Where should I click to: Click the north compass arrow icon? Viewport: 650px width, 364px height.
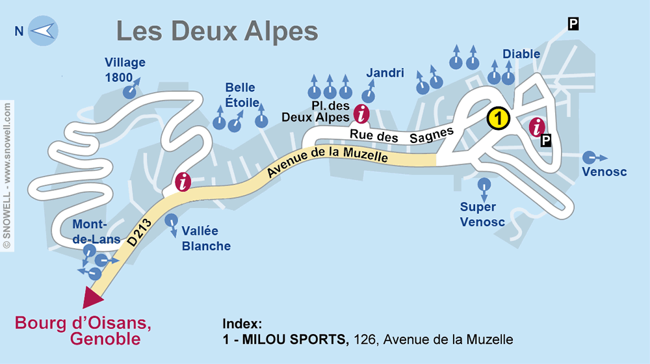(x=43, y=31)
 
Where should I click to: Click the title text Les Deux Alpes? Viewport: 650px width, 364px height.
(x=216, y=31)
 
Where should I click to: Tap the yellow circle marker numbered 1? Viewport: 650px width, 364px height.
(x=497, y=118)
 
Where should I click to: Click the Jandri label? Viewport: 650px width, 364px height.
(x=385, y=73)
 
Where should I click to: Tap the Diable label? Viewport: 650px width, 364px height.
(x=521, y=54)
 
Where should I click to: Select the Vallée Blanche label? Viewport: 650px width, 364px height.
(x=206, y=239)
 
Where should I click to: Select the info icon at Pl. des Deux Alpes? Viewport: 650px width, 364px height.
(x=362, y=114)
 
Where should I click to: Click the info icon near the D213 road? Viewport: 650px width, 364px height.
(x=183, y=182)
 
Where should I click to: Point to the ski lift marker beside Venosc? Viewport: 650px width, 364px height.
(x=589, y=157)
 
